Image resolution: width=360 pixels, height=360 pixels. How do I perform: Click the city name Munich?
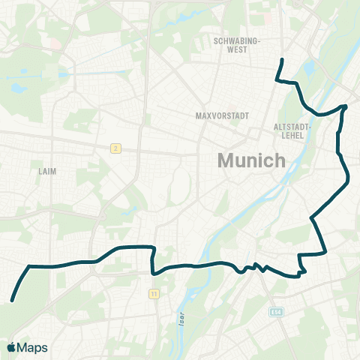coord(251,160)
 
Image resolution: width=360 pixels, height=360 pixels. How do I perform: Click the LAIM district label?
coord(46,171)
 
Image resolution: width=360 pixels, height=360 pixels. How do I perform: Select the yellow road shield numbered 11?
coord(153,293)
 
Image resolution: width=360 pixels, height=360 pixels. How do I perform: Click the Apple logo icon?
coord(11,347)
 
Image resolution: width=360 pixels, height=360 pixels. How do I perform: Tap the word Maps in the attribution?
coord(32,347)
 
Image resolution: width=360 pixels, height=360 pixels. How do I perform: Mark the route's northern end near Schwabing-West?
coord(282,59)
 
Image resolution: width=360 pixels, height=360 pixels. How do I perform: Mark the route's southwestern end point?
coord(13,301)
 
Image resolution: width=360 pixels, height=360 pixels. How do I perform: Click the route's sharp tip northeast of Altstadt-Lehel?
coord(346,106)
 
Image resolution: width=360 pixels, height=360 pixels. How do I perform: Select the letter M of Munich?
coord(226,160)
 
